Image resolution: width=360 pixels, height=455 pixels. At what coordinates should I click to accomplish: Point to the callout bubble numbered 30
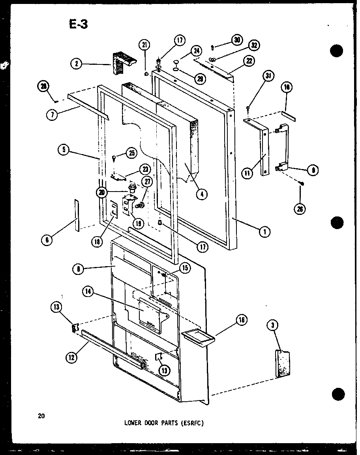pyautogui.click(x=237, y=40)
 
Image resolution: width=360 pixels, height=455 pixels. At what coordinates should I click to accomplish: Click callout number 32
pyautogui.click(x=254, y=45)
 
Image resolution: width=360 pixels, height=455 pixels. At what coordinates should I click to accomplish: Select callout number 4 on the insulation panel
pyautogui.click(x=201, y=194)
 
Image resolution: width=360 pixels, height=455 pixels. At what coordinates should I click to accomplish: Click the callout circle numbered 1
pyautogui.click(x=264, y=232)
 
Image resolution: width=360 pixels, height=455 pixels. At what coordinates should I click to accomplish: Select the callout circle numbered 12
pyautogui.click(x=71, y=358)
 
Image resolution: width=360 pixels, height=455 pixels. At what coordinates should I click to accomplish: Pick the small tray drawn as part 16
pyautogui.click(x=198, y=337)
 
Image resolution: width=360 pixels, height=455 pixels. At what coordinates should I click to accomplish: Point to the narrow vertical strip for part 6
pyautogui.click(x=76, y=215)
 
